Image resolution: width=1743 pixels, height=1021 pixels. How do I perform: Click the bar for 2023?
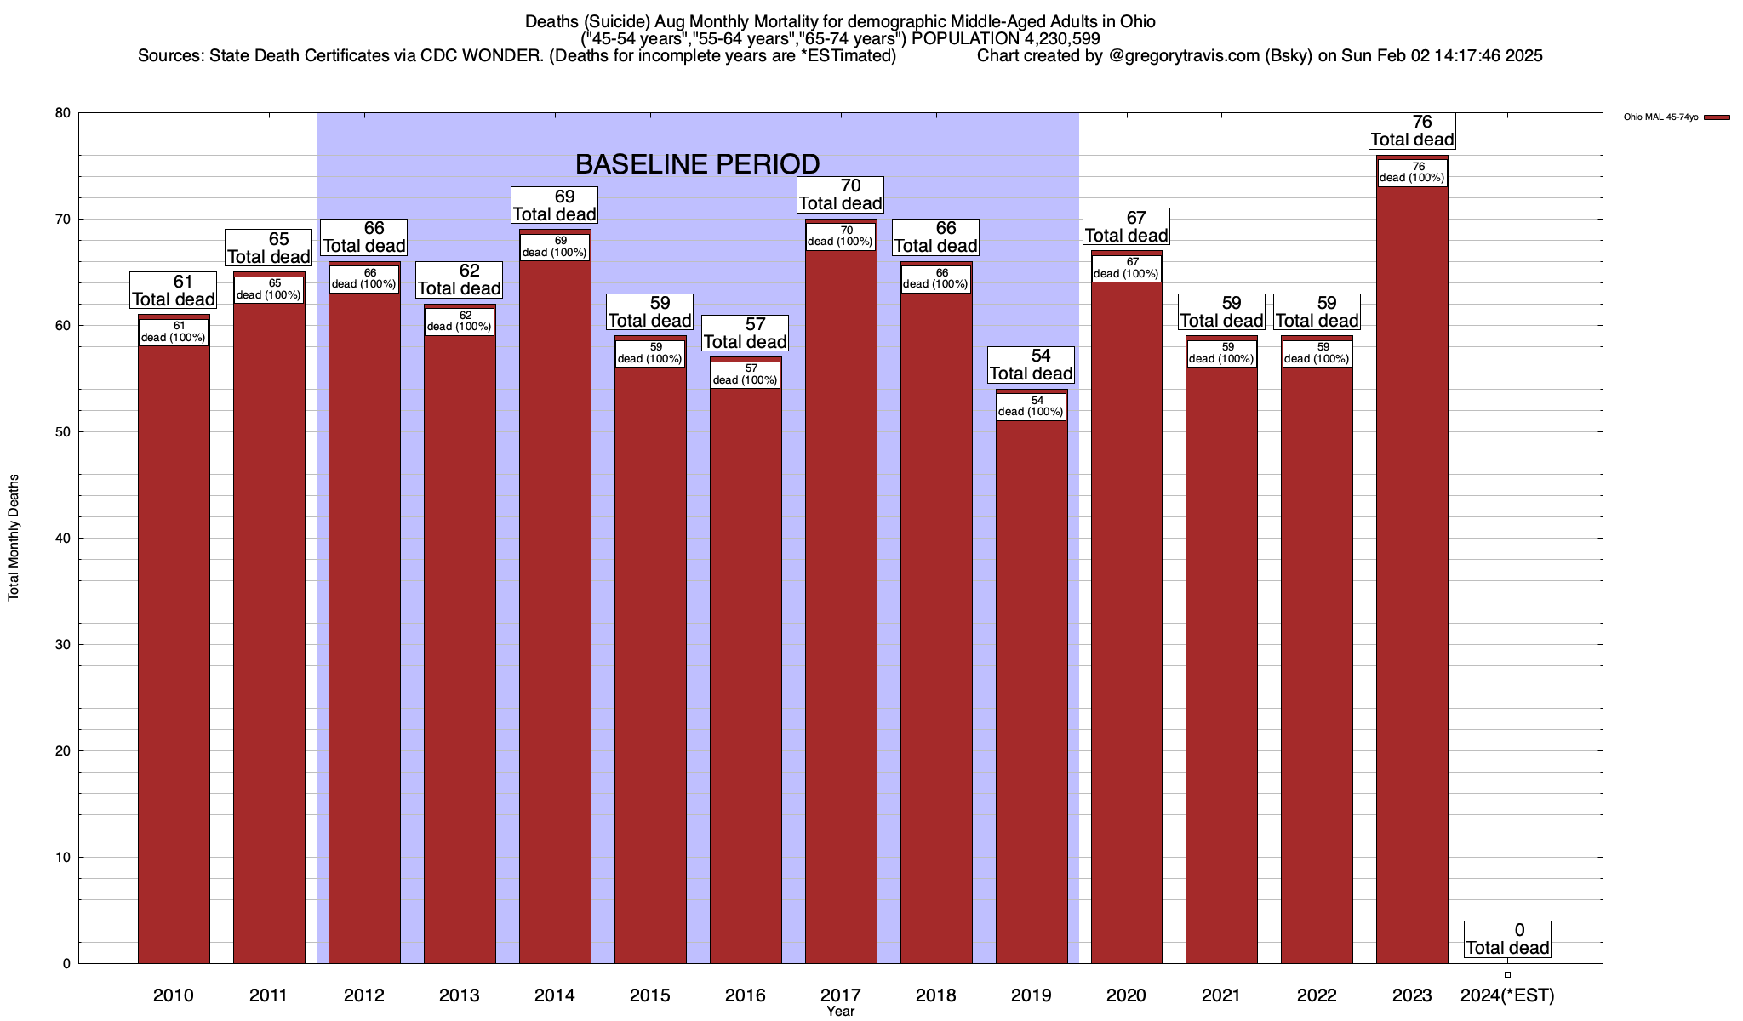(1412, 579)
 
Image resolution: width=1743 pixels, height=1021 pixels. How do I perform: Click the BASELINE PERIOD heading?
(697, 163)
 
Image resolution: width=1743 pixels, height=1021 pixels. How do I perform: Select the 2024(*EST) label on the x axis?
(1506, 995)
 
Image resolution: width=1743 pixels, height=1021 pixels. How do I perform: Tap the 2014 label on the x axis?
(555, 995)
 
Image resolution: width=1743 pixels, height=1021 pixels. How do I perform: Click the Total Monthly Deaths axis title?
(14, 538)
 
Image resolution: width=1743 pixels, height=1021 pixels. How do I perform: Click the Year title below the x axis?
(840, 1012)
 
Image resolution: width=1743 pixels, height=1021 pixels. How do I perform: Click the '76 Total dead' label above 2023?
(1412, 131)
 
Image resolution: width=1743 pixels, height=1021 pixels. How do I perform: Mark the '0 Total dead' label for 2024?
(1507, 939)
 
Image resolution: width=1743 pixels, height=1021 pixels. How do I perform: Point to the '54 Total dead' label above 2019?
(1032, 365)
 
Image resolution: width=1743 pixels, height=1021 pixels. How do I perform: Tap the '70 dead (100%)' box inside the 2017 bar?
(840, 237)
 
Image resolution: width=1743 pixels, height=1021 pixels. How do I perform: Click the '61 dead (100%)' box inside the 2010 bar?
(174, 332)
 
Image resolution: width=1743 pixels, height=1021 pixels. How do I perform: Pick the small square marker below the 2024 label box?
(1507, 975)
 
